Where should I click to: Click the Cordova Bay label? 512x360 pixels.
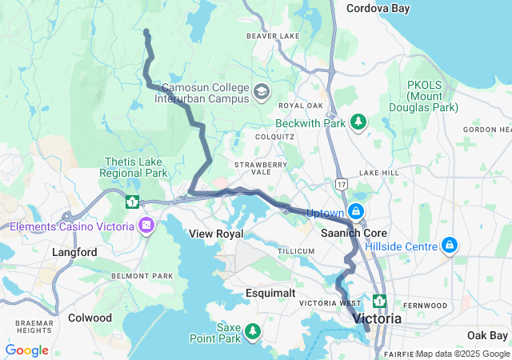tap(378, 8)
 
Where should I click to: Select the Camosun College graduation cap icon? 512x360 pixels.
tap(261, 92)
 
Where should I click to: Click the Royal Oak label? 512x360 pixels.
tap(300, 106)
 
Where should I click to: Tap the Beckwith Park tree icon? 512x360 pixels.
tap(359, 122)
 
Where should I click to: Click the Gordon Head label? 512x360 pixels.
tap(486, 130)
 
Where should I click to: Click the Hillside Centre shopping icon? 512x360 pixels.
tap(450, 244)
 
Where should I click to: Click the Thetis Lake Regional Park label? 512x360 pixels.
tap(134, 166)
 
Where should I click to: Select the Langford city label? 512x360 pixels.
tap(74, 253)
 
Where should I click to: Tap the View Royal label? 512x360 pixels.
tap(215, 234)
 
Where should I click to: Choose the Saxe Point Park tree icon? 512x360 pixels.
tap(253, 330)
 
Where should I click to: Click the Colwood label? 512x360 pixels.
tap(90, 318)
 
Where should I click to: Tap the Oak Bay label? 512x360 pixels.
tap(487, 334)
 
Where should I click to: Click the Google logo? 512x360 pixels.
tap(26, 350)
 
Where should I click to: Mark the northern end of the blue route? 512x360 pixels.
tap(146, 31)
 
